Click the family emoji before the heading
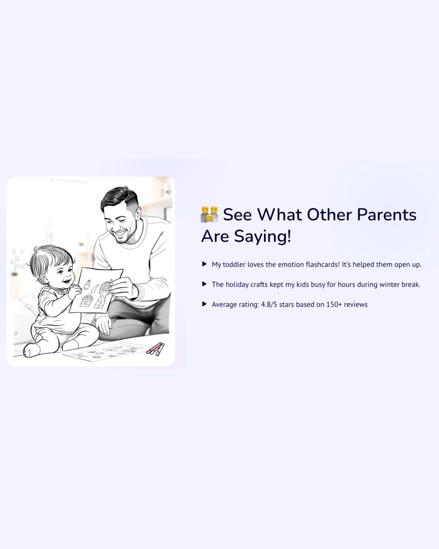(x=209, y=214)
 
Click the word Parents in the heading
(x=387, y=215)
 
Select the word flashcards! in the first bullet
(x=323, y=264)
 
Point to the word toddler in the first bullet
(x=234, y=264)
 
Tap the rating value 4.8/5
(x=269, y=304)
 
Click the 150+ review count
(x=334, y=304)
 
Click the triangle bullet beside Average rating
(x=204, y=304)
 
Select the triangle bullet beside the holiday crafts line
(x=204, y=284)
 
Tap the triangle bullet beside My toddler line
(x=204, y=264)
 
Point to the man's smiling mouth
(x=121, y=233)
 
